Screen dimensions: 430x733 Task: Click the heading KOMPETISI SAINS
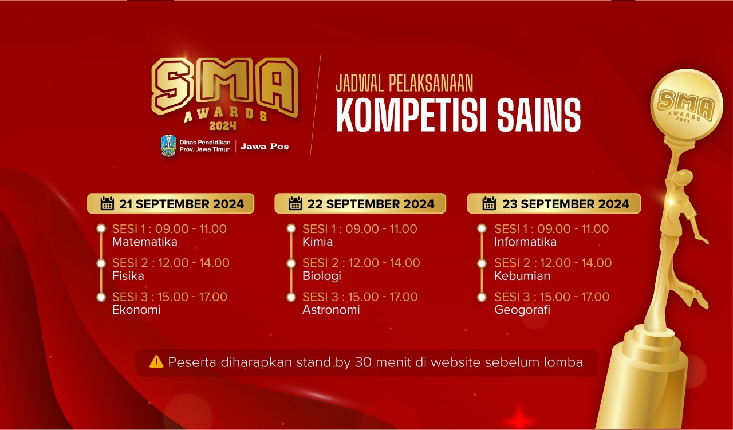click(x=458, y=115)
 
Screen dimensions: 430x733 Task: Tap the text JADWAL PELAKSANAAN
click(x=404, y=83)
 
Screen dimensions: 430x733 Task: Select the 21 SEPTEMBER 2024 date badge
click(x=171, y=203)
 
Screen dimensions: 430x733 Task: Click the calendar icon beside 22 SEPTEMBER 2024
click(x=295, y=203)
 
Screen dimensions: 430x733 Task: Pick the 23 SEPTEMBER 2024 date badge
click(x=554, y=203)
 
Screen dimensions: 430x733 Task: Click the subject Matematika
click(x=144, y=242)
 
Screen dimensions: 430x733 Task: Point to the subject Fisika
click(x=128, y=276)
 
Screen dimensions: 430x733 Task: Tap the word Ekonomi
click(x=136, y=310)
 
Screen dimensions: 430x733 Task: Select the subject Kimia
click(x=317, y=242)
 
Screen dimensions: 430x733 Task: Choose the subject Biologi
click(x=322, y=276)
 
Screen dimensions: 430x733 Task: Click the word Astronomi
click(x=331, y=310)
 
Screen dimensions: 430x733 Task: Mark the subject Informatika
click(x=525, y=242)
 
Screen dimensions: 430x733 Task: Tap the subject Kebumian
click(x=522, y=276)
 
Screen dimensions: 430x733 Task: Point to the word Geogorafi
click(x=522, y=310)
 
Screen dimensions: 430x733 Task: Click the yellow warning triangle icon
click(x=156, y=362)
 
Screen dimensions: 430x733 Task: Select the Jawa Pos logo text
click(x=264, y=146)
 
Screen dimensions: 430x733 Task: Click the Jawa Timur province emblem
click(x=168, y=145)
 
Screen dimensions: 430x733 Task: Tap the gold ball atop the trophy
click(x=686, y=105)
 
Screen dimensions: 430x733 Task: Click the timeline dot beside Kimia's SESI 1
click(x=291, y=229)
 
